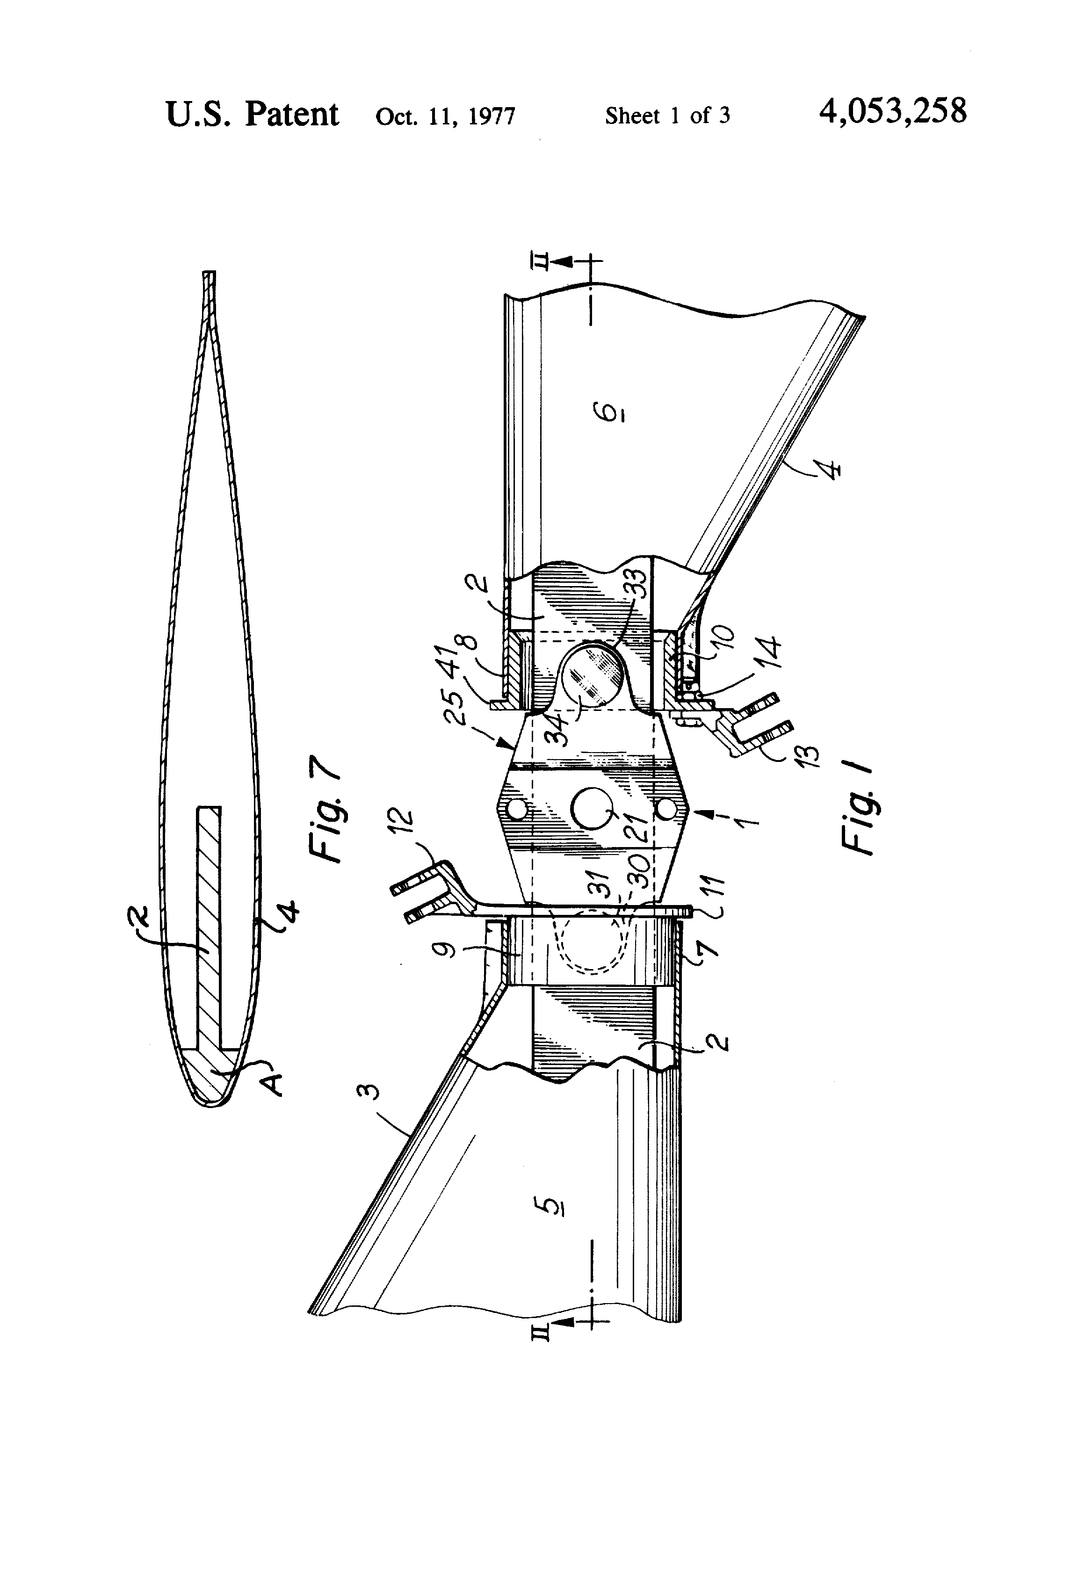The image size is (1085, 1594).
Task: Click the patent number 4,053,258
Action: tap(892, 112)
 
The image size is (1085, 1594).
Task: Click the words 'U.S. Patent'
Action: tap(252, 114)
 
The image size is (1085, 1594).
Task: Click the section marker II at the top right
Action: tap(541, 261)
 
